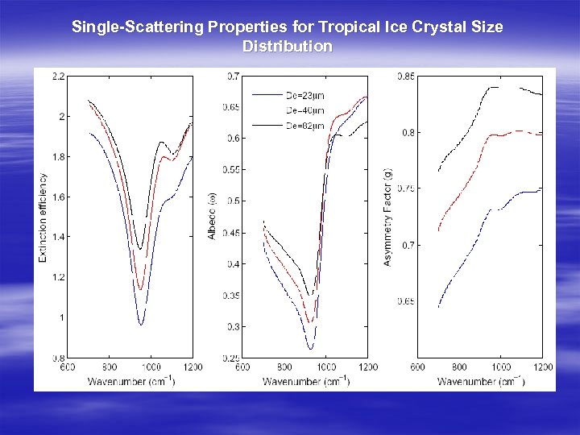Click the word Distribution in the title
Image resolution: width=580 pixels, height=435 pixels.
[287, 47]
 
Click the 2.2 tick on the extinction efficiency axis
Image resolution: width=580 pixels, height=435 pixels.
[59, 77]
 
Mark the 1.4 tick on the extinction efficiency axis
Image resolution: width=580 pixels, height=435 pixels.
[59, 237]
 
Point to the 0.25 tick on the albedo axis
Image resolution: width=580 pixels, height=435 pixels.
[230, 358]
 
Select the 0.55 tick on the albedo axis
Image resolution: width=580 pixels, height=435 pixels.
[230, 170]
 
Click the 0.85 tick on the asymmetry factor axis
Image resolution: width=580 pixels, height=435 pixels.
[406, 77]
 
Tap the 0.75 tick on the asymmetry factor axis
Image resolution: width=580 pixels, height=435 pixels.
[406, 188]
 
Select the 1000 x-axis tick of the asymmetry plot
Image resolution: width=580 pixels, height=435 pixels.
[501, 367]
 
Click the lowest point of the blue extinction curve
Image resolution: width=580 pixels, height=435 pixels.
[141, 325]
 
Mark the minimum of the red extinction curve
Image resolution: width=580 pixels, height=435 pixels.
[140, 289]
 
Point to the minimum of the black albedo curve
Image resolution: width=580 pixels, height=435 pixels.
[309, 295]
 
